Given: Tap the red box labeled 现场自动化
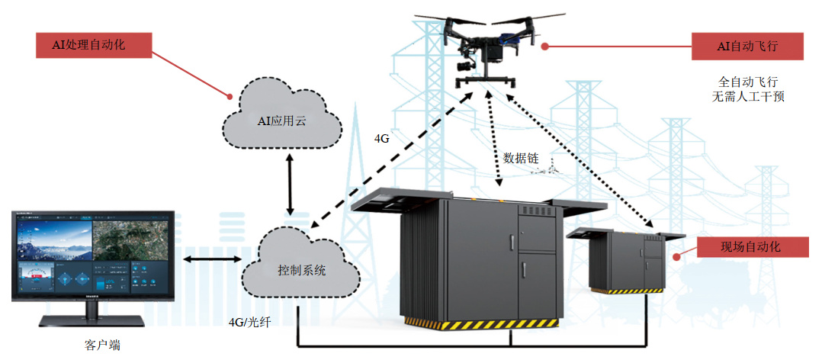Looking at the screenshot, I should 750,246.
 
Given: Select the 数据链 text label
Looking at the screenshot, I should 521,158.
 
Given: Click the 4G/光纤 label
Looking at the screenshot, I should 250,321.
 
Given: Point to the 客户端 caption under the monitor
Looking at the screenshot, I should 102,344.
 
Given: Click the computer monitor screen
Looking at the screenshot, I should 94,259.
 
